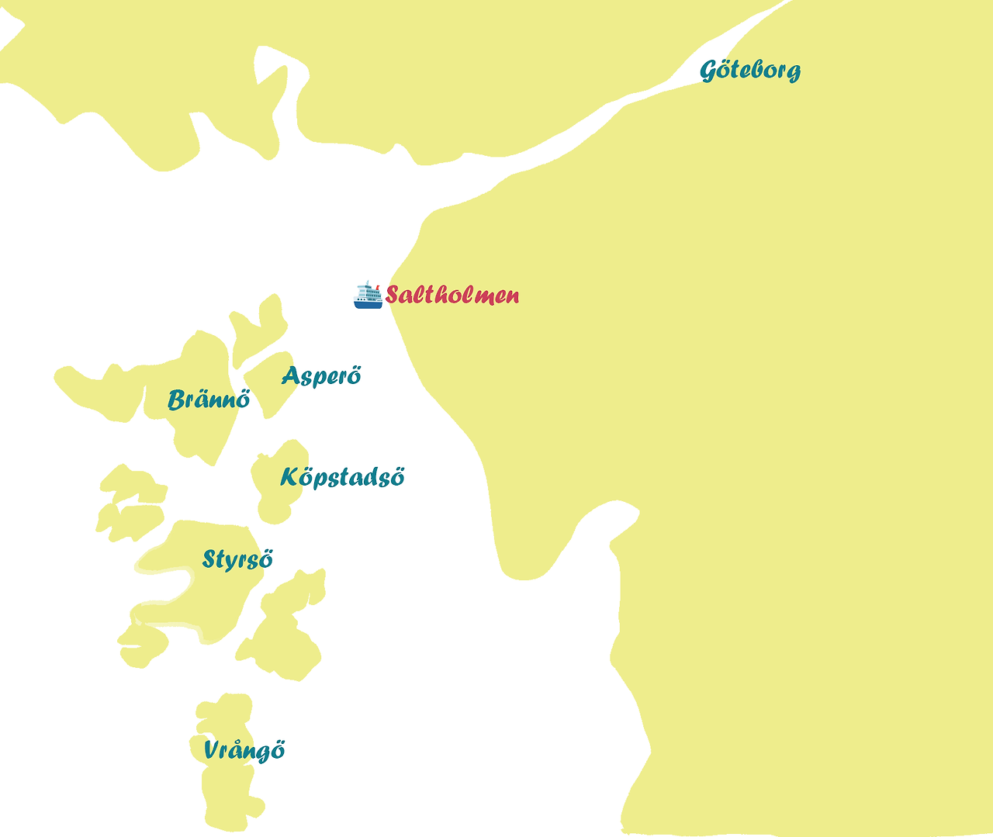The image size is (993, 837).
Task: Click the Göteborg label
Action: [x=750, y=70]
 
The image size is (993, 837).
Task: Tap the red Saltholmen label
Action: [x=452, y=295]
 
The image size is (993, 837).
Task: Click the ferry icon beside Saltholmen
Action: [x=368, y=295]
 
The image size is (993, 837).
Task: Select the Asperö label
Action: [x=321, y=376]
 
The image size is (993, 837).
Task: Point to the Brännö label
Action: [x=209, y=399]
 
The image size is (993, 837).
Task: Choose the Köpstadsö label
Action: [x=342, y=476]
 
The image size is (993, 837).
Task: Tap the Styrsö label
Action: [x=237, y=559]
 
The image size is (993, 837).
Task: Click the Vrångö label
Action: [x=244, y=750]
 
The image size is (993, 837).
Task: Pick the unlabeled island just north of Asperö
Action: [x=260, y=326]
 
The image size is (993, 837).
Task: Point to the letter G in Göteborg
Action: [x=709, y=71]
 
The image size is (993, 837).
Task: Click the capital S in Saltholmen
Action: [x=393, y=295]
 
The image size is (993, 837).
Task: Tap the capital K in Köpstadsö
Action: [x=289, y=476]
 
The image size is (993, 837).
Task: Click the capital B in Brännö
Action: [x=178, y=399]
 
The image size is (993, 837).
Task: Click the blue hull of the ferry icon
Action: [x=368, y=305]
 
